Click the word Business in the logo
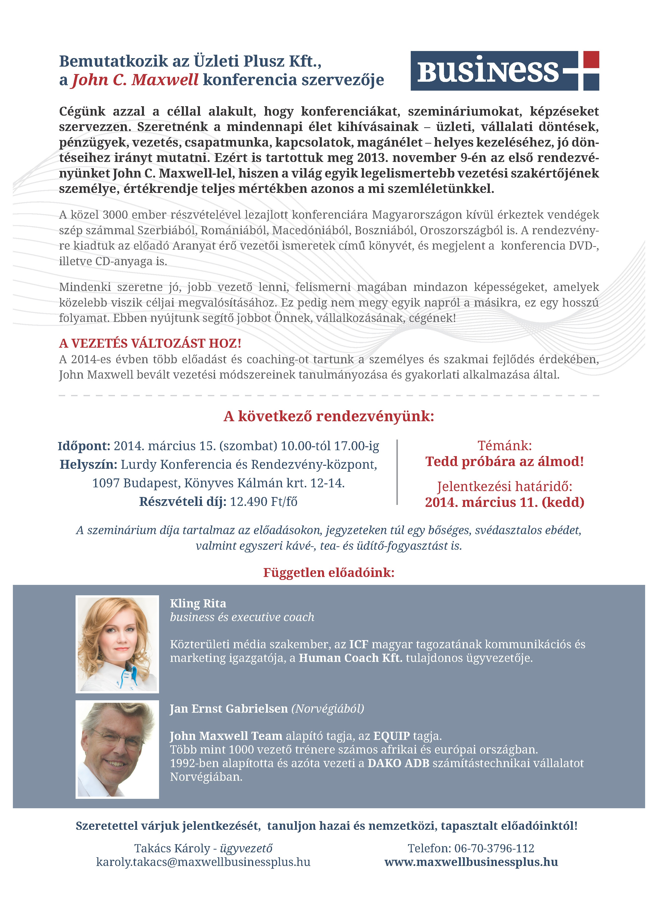coord(488,71)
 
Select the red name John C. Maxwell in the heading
coord(135,80)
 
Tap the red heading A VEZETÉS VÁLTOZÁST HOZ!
coord(150,343)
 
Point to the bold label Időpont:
coord(84,446)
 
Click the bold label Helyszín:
coord(88,465)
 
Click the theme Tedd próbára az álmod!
coord(504,461)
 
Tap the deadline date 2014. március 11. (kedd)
coord(504,502)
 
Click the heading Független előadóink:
coord(329,573)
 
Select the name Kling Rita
coord(198,603)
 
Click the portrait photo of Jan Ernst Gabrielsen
coord(117,749)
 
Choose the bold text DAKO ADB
coord(398,763)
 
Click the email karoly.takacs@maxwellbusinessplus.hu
coord(203,862)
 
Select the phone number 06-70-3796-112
coord(494,848)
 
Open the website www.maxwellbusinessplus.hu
coord(471,862)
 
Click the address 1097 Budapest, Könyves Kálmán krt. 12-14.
coord(219,483)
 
